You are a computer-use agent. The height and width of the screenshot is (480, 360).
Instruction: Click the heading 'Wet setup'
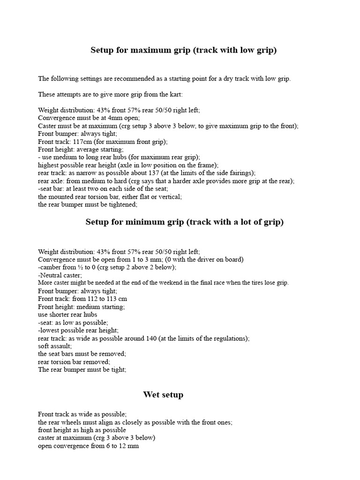pyautogui.click(x=163, y=395)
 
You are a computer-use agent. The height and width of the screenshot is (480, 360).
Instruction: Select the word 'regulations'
pyautogui.click(x=230, y=338)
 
